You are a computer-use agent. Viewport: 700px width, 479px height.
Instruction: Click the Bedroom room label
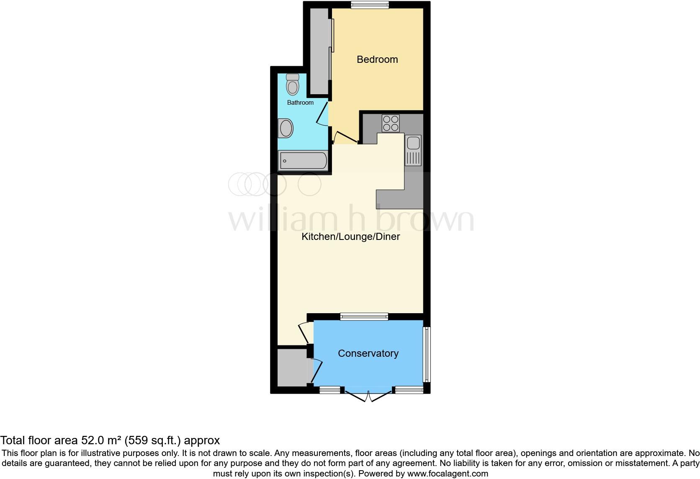[377, 59]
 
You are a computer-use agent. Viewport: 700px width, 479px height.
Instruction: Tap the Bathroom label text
[300, 103]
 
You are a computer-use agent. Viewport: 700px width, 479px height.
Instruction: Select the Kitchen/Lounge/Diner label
[351, 237]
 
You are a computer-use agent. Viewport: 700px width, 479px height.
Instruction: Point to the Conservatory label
[368, 353]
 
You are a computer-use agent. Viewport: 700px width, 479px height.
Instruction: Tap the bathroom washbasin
[286, 128]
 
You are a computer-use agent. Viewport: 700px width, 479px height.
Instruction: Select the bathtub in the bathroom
[303, 161]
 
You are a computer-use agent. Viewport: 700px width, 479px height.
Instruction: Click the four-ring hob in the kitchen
[391, 124]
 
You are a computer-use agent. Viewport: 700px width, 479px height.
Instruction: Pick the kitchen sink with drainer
[413, 150]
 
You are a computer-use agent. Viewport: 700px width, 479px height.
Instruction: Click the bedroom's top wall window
[370, 5]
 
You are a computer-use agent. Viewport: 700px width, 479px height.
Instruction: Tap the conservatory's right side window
[427, 354]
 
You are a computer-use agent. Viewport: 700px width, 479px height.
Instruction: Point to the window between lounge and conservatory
[364, 317]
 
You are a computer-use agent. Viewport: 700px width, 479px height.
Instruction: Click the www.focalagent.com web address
[448, 474]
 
